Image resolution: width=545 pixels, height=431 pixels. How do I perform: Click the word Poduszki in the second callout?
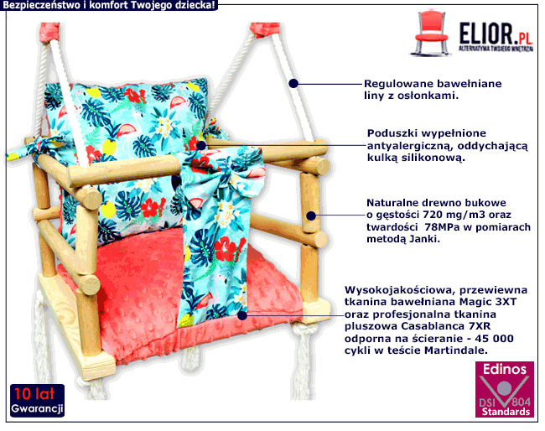[x=391, y=133]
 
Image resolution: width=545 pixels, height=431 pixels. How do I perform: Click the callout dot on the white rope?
[x=294, y=83]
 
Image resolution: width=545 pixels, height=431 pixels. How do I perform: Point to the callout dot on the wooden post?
[x=311, y=215]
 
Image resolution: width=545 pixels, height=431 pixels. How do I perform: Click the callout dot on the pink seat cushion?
[x=242, y=315]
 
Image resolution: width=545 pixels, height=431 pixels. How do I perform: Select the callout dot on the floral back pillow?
[x=200, y=145]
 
